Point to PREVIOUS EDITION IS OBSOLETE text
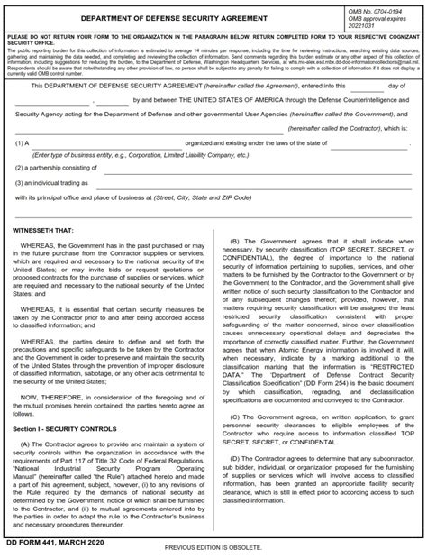(213, 547)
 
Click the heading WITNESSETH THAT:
(45, 230)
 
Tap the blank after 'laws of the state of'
(369, 143)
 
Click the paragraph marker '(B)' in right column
(236, 241)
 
